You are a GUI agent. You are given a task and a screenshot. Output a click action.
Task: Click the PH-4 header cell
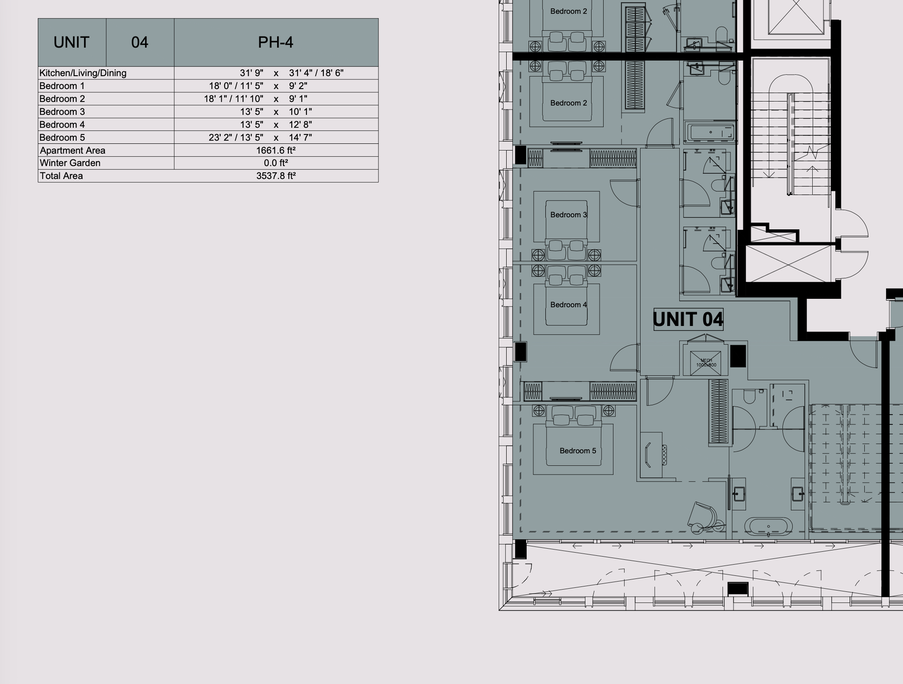pyautogui.click(x=276, y=42)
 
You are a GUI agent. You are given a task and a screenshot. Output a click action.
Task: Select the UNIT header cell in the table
pyautogui.click(x=72, y=42)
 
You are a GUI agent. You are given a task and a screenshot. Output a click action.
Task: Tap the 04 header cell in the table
pyautogui.click(x=140, y=42)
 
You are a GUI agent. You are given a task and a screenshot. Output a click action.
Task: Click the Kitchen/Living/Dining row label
pyautogui.click(x=83, y=73)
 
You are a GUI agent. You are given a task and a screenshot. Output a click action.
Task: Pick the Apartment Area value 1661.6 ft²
pyautogui.click(x=276, y=150)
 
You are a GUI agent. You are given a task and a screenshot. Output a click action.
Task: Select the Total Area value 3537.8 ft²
pyautogui.click(x=276, y=176)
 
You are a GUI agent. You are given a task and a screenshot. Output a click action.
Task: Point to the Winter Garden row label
pyautogui.click(x=70, y=163)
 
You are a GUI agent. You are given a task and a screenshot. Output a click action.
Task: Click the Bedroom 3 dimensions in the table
pyautogui.click(x=276, y=111)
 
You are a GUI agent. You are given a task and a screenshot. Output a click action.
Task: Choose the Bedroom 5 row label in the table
pyautogui.click(x=62, y=137)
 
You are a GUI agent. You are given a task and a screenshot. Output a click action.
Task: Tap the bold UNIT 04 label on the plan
pyautogui.click(x=688, y=319)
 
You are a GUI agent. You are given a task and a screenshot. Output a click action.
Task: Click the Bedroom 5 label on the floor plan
pyautogui.click(x=577, y=451)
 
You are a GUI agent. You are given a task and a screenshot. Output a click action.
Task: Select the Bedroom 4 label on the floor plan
pyautogui.click(x=568, y=304)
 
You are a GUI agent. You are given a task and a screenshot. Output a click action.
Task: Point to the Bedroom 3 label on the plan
pyautogui.click(x=568, y=215)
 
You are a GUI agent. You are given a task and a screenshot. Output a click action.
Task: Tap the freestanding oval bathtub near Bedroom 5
pyautogui.click(x=769, y=527)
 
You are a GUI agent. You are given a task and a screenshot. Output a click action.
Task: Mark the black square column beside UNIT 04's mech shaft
pyautogui.click(x=738, y=356)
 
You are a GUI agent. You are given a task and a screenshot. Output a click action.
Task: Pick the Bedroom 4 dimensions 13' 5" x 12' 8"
pyautogui.click(x=276, y=124)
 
